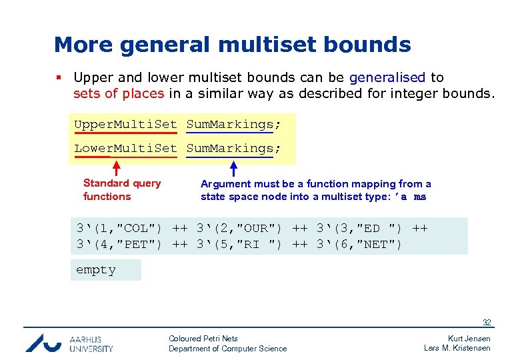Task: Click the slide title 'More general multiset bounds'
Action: [232, 45]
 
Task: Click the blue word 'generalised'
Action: [387, 77]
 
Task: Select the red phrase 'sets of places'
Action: [118, 93]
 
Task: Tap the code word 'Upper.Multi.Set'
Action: [125, 124]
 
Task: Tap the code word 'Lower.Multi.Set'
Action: [125, 148]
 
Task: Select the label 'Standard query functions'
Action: [121, 190]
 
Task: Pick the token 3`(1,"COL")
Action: [119, 229]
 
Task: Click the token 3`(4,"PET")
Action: [119, 245]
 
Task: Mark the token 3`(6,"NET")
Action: [359, 245]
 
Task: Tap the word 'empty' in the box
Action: [96, 270]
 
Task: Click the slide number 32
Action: [487, 322]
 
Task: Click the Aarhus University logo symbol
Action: [44, 343]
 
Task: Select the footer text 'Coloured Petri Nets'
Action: [203, 339]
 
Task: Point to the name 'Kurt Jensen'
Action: [469, 339]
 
